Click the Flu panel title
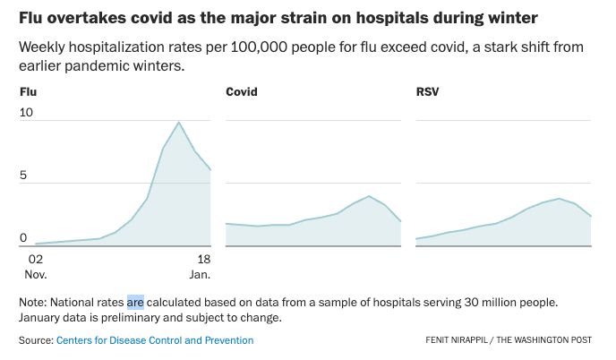point(29,92)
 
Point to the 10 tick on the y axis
point(26,113)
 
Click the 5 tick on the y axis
point(24,176)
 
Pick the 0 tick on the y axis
point(24,237)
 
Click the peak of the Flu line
point(178,122)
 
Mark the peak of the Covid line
point(369,195)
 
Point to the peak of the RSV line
point(559,199)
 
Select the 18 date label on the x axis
point(203,260)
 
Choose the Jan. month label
point(200,273)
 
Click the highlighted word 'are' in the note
point(135,302)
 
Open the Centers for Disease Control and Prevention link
point(154,340)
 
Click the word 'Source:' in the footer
point(36,340)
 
